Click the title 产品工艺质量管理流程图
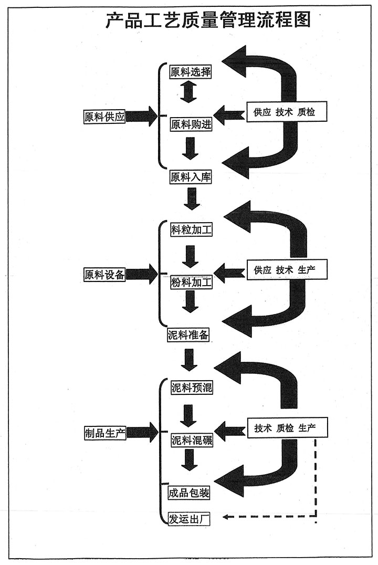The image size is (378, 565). (208, 20)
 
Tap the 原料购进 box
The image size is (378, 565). (191, 125)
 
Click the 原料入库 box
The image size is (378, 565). (191, 177)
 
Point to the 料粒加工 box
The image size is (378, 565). (191, 230)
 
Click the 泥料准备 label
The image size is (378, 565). (191, 335)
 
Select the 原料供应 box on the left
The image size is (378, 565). (104, 117)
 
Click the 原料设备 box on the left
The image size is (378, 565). (104, 274)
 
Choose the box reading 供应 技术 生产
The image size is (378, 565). (283, 270)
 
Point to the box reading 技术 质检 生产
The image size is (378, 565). (284, 428)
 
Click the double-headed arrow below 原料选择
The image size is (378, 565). (188, 91)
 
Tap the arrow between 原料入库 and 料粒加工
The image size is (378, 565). (191, 198)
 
